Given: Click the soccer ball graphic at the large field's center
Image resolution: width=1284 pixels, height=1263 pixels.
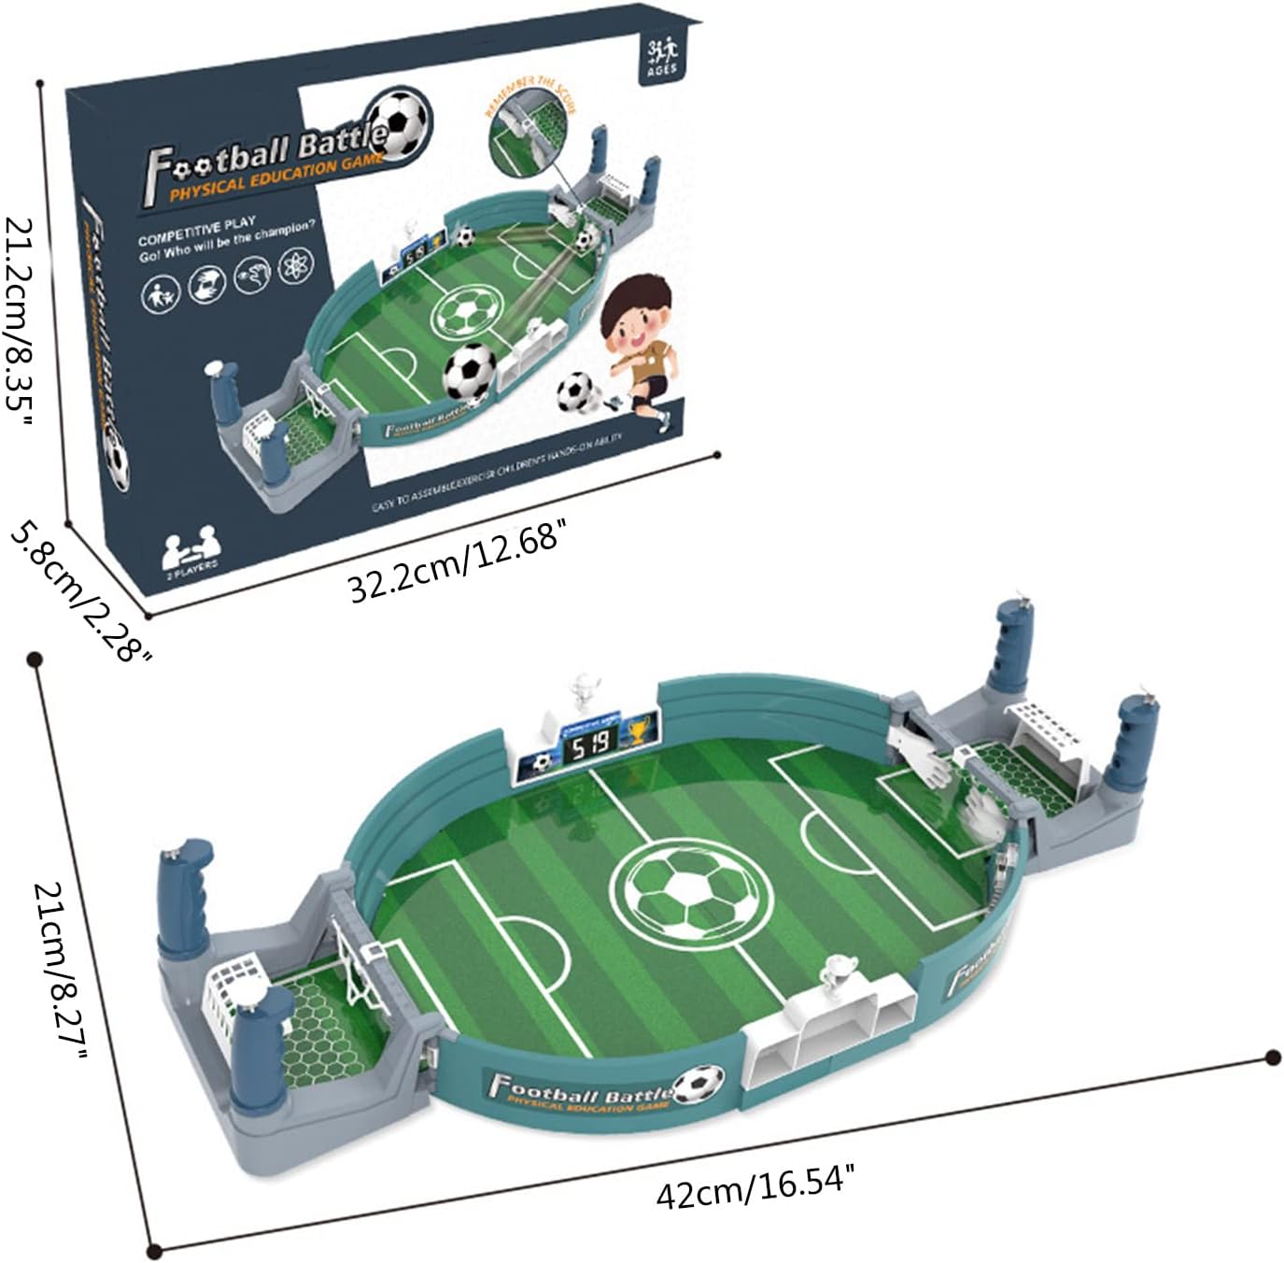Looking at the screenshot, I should (691, 887).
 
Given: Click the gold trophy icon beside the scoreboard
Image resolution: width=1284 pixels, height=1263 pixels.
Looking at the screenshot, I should (638, 728).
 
